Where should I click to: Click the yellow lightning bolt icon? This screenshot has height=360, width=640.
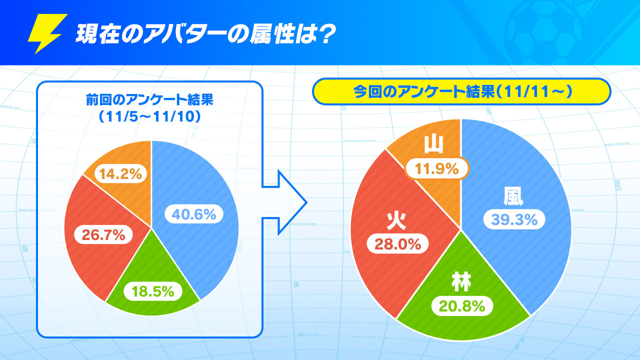[x=47, y=33]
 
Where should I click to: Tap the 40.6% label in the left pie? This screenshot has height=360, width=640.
[x=194, y=214]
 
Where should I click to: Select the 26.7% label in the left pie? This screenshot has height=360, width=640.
[x=104, y=234]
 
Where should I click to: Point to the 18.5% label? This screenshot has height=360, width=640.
[x=152, y=291]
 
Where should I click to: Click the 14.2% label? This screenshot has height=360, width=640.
[x=120, y=174]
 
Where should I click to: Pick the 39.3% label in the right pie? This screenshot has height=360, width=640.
[x=511, y=219]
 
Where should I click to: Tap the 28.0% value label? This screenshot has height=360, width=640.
[x=397, y=244]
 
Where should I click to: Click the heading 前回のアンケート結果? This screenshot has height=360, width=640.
[x=149, y=100]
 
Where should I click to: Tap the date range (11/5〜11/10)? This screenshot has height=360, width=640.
[x=149, y=117]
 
